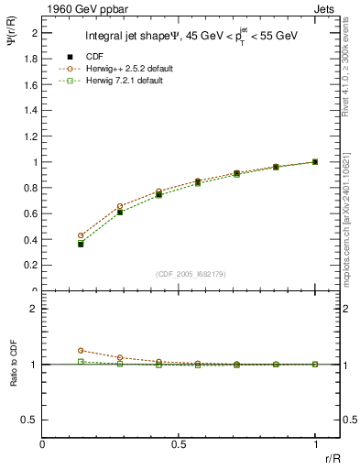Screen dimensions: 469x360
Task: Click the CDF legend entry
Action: pos(94,56)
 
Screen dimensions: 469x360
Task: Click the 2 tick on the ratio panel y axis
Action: pos(35,309)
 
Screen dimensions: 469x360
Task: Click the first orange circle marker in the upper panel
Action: pos(81,235)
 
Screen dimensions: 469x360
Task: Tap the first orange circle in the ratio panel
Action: pos(81,350)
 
